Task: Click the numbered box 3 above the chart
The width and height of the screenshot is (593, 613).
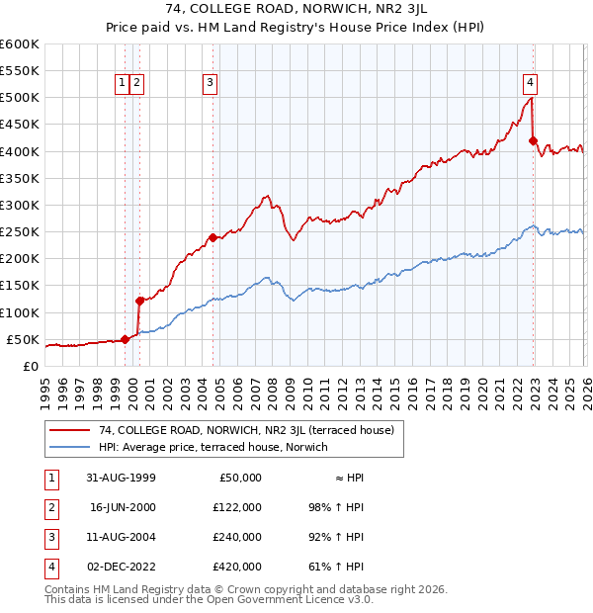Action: click(211, 84)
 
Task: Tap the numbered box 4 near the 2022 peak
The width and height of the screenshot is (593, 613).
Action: click(531, 82)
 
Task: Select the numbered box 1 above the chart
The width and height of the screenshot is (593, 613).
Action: click(122, 84)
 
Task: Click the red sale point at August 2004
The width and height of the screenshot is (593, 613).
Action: click(212, 237)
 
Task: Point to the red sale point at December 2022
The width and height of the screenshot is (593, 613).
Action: click(533, 141)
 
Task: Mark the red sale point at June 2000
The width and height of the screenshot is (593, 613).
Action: click(139, 301)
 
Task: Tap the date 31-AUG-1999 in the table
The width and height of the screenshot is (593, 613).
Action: click(122, 477)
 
